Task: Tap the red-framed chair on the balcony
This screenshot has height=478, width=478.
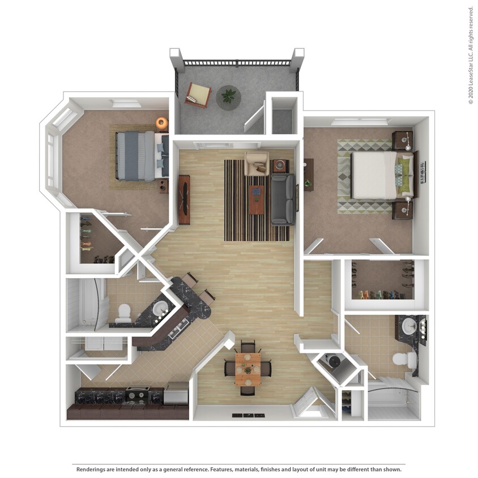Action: click(x=198, y=94)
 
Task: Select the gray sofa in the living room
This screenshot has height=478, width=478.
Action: click(x=282, y=199)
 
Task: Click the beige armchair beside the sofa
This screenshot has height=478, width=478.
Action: click(x=257, y=163)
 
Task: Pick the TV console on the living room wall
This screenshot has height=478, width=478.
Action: click(x=184, y=199)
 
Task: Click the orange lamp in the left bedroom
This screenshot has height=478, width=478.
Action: click(x=162, y=123)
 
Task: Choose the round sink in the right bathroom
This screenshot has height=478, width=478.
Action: click(x=409, y=325)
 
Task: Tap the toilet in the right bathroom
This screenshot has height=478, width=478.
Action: click(x=403, y=359)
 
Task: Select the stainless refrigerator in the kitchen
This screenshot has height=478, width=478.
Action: click(x=176, y=393)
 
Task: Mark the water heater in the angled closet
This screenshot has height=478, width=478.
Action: click(x=333, y=361)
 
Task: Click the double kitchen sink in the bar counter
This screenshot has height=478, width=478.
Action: click(x=181, y=327)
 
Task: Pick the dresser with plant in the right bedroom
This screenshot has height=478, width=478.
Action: click(x=308, y=174)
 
